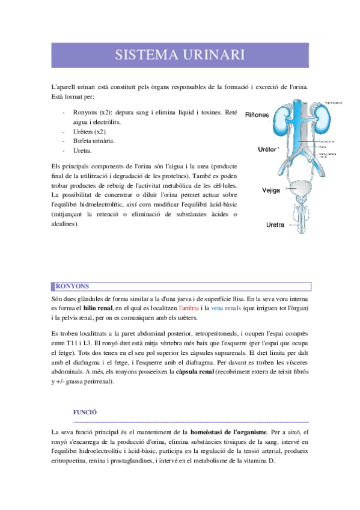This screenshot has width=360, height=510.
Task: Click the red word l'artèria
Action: (191, 308)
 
